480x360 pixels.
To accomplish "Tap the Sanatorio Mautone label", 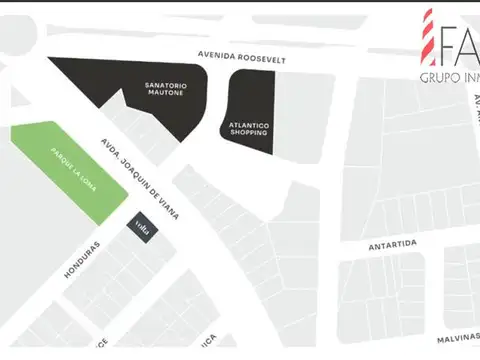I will pos(165,90).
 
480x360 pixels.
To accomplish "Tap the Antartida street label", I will pos(390,243).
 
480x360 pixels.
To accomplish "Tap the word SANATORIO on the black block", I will pos(165,86).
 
